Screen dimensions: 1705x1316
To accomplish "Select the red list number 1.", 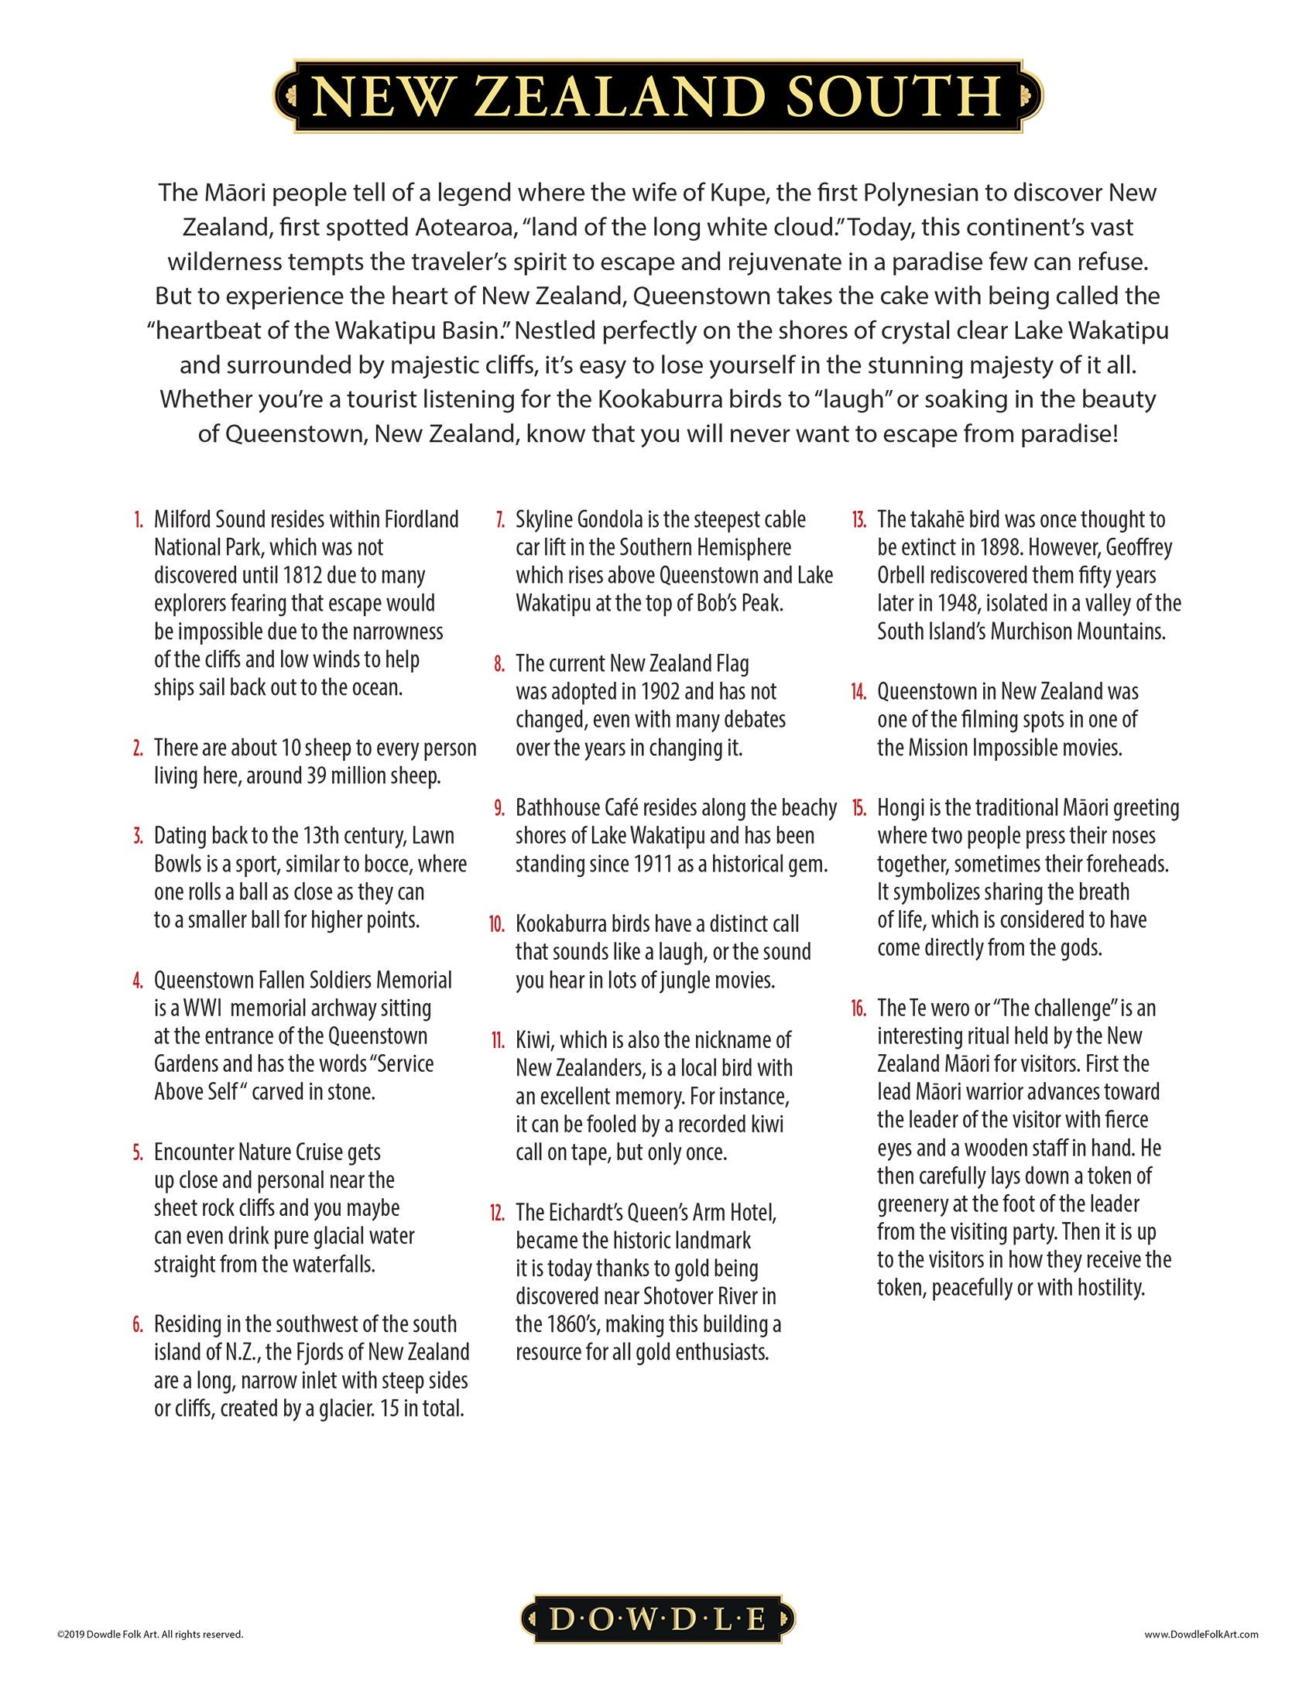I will pyautogui.click(x=139, y=520).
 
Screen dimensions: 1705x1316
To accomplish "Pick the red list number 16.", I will pyautogui.click(x=859, y=1008).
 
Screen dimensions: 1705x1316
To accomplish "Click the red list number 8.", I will pyautogui.click(x=499, y=664).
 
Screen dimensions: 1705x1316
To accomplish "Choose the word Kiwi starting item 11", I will pyautogui.click(x=533, y=1041).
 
